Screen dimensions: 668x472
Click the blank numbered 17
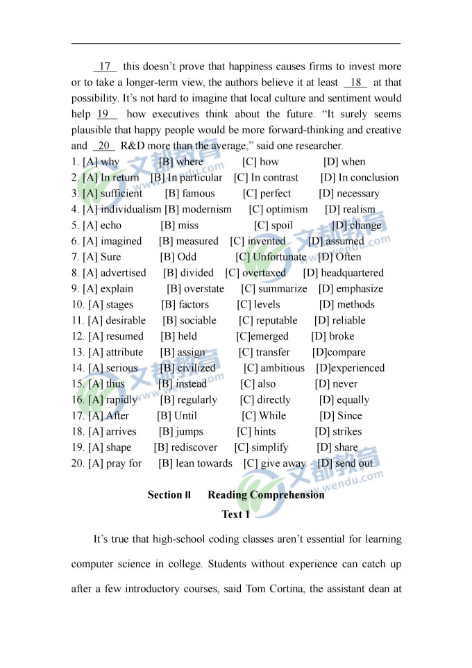tap(105, 67)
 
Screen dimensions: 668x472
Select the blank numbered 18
tap(355, 83)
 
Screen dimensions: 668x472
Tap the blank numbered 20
tap(103, 146)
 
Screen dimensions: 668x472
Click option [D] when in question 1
tap(344, 162)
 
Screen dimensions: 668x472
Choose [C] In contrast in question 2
tap(266, 178)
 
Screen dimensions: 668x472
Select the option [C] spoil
tap(273, 226)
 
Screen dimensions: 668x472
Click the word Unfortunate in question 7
tap(279, 257)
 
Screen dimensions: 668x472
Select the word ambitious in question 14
tap(283, 369)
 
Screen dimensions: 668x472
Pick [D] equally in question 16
tap(344, 400)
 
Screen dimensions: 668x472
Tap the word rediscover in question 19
tap(194, 448)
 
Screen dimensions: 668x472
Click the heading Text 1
tap(235, 515)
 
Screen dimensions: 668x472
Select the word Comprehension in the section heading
tap(287, 495)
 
